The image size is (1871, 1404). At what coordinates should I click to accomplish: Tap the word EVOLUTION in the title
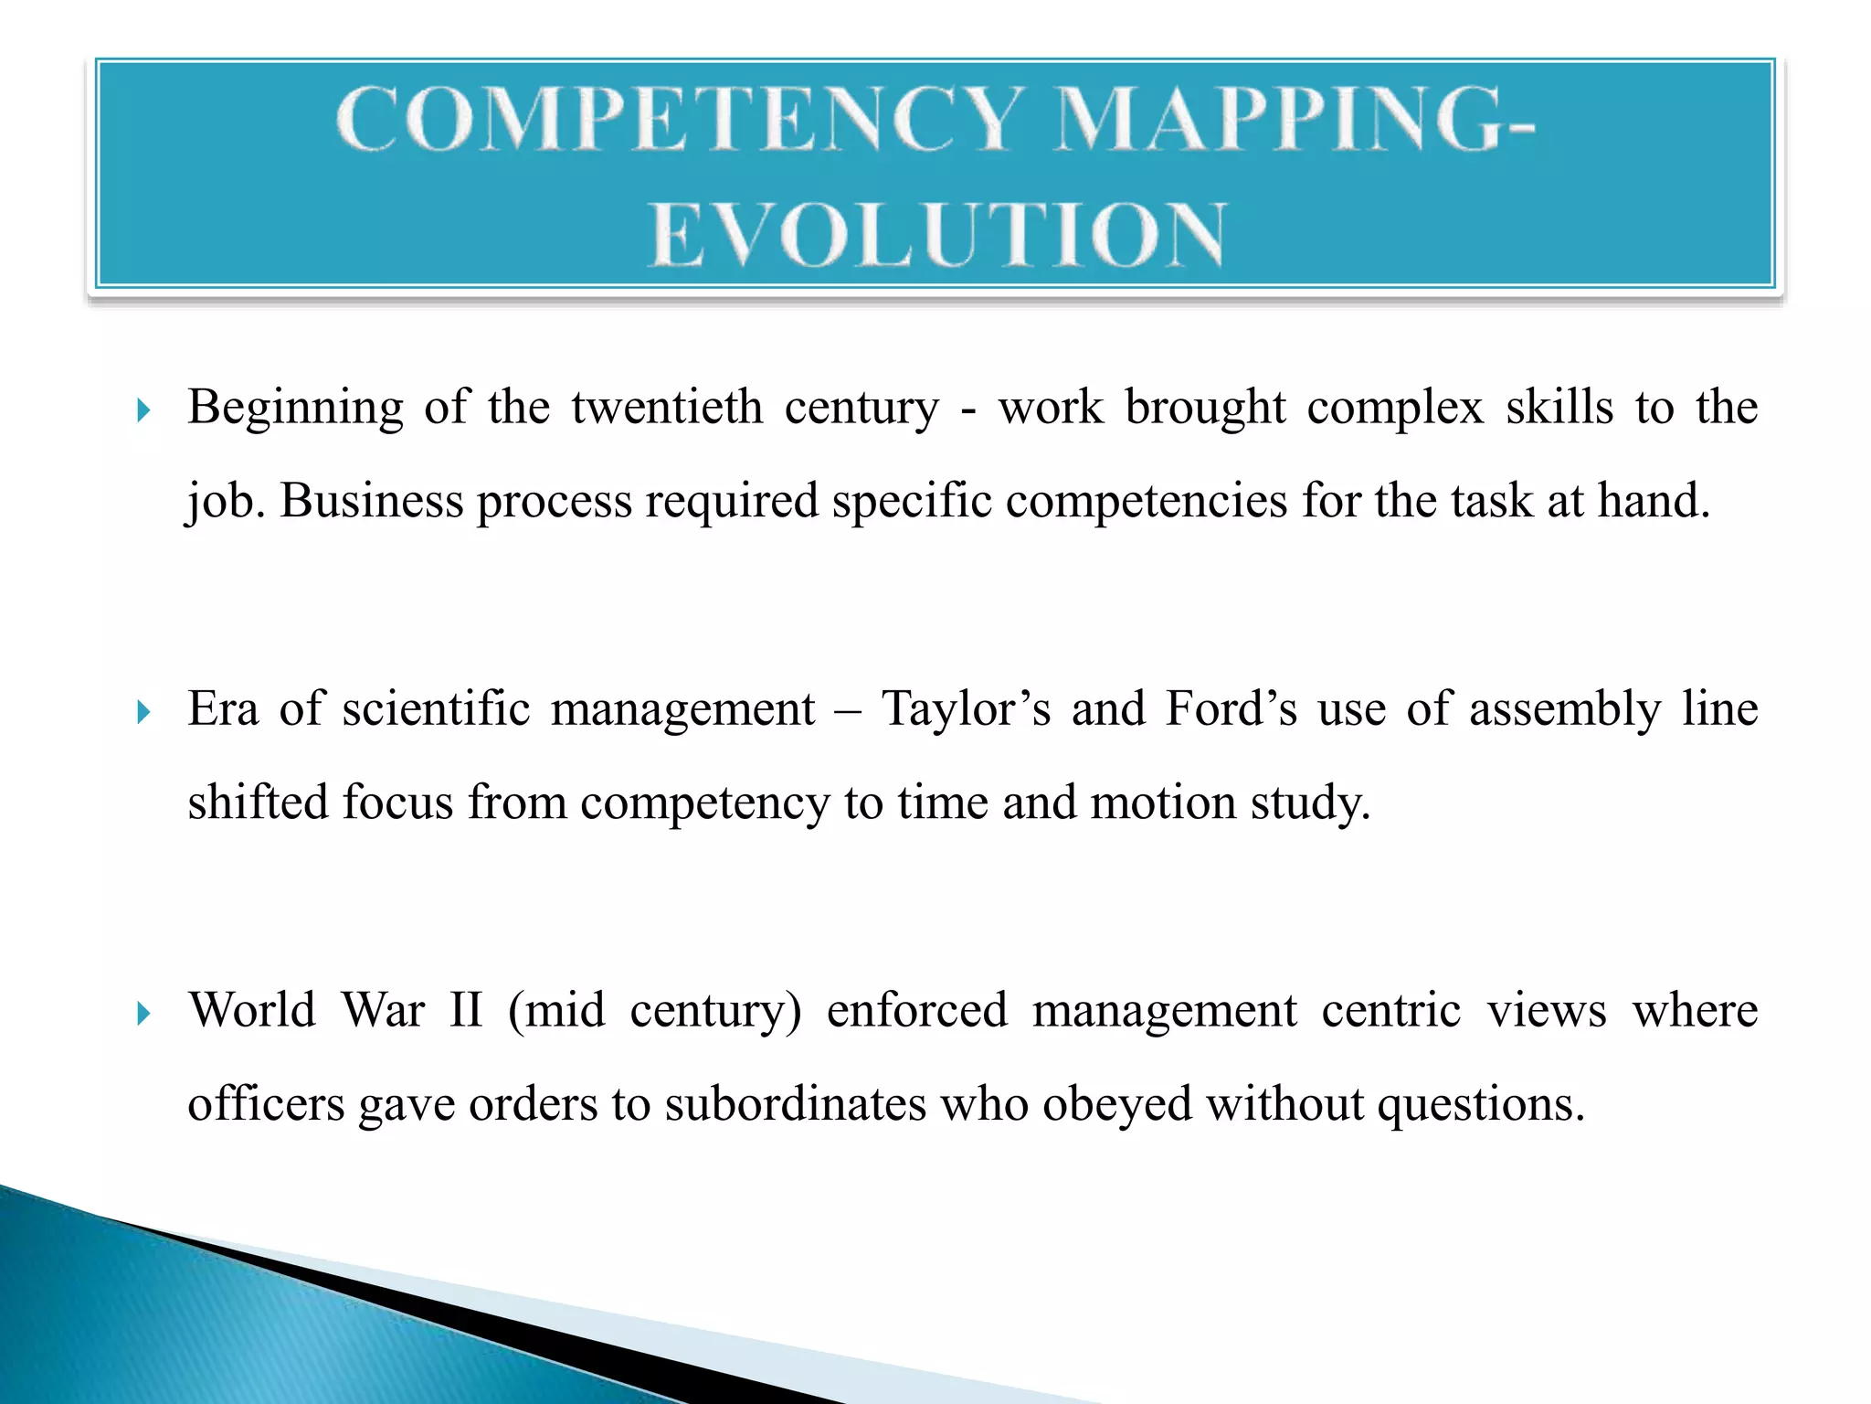937,235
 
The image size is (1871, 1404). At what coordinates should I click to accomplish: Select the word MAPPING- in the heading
1294,119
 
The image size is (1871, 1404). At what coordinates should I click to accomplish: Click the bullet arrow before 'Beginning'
143,410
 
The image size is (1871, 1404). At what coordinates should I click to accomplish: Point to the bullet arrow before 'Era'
143,712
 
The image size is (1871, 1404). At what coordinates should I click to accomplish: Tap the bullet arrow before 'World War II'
143,1014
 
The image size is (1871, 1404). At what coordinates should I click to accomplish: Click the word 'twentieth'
667,408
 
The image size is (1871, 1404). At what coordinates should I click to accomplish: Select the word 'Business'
371,502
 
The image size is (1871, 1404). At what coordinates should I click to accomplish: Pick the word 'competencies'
1146,502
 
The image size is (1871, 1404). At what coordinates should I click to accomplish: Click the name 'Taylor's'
966,709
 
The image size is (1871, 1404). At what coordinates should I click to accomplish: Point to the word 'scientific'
436,709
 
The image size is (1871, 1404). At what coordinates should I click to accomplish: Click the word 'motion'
1163,803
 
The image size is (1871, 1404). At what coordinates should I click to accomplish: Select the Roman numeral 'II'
466,1011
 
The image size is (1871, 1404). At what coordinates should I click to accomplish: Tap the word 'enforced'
916,1011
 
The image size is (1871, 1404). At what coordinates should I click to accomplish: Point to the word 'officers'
266,1104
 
